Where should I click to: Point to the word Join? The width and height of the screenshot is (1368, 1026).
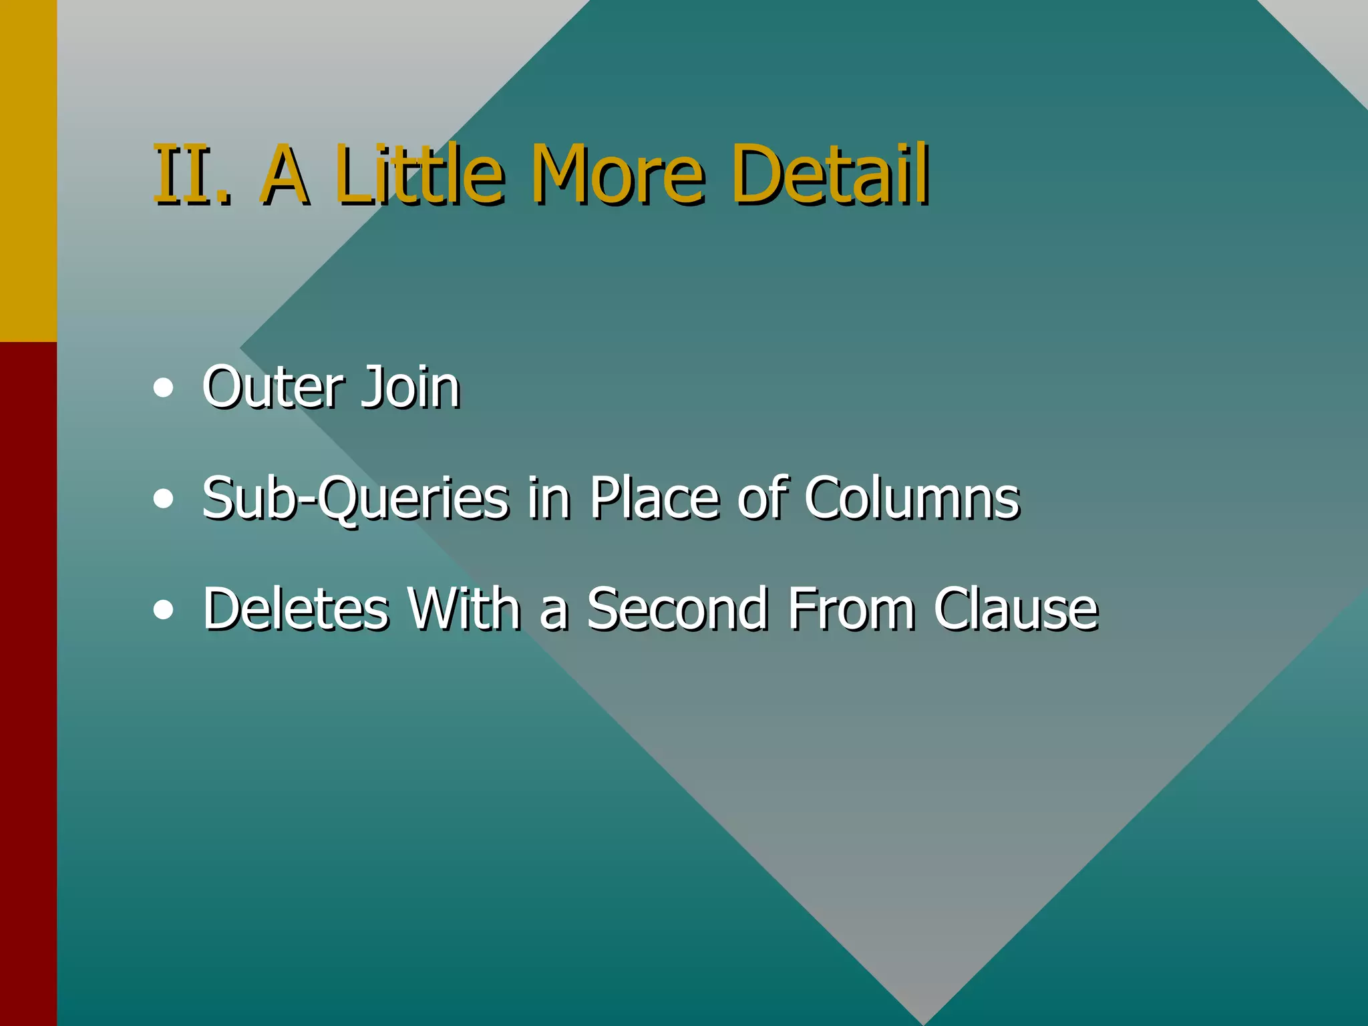click(410, 387)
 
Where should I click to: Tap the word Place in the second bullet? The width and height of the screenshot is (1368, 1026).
click(657, 498)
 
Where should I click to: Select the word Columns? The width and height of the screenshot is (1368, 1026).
click(912, 498)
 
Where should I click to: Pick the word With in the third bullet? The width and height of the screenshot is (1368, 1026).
click(464, 609)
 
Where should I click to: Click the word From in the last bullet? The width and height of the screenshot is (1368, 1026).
click(851, 609)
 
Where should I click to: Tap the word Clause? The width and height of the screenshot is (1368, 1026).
click(1015, 609)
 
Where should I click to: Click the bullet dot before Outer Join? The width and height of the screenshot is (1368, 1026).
click(163, 388)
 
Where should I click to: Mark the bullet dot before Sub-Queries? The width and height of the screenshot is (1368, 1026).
click(163, 499)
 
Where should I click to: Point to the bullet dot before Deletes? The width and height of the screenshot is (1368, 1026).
click(163, 610)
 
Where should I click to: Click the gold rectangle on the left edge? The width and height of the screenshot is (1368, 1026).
click(28, 170)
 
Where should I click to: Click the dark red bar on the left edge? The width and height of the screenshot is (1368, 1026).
click(28, 681)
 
